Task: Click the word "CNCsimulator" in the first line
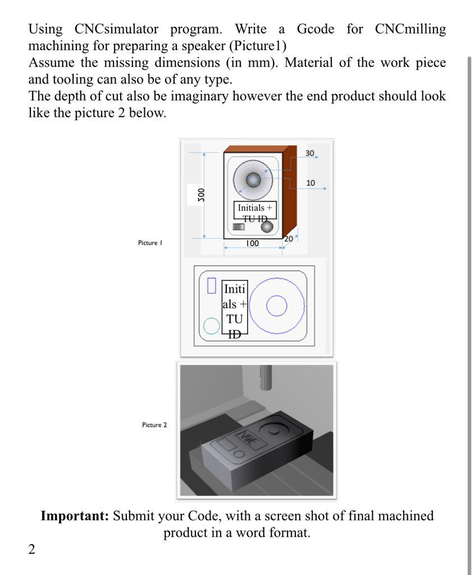click(x=116, y=29)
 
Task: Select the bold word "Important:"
click(x=75, y=515)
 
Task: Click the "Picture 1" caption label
click(x=150, y=243)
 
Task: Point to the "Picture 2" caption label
click(x=154, y=425)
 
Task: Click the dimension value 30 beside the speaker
click(x=310, y=153)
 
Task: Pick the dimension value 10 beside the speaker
click(x=310, y=183)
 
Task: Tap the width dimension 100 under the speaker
click(x=252, y=244)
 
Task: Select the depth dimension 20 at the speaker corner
click(x=288, y=239)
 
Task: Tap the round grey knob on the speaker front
click(x=267, y=226)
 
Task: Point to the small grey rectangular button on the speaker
click(x=239, y=226)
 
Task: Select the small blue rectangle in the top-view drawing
click(x=212, y=285)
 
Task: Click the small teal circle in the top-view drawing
click(x=211, y=326)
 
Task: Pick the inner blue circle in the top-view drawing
click(x=276, y=306)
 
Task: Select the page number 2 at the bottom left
click(x=31, y=549)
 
